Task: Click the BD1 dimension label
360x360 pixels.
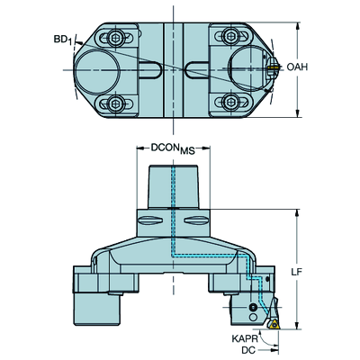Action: pyautogui.click(x=63, y=40)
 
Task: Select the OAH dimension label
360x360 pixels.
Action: pyautogui.click(x=297, y=67)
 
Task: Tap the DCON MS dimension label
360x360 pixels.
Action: pyautogui.click(x=173, y=148)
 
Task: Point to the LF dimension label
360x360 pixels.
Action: pyautogui.click(x=297, y=272)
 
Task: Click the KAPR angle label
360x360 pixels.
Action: pyautogui.click(x=245, y=338)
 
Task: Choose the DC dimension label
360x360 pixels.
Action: pyautogui.click(x=248, y=350)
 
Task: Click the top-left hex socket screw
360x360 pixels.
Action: pyautogui.click(x=115, y=37)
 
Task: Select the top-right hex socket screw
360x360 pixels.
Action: pyautogui.click(x=230, y=36)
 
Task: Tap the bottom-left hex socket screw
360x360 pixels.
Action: pyautogui.click(x=115, y=103)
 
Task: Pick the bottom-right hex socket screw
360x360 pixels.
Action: pyautogui.click(x=230, y=103)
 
